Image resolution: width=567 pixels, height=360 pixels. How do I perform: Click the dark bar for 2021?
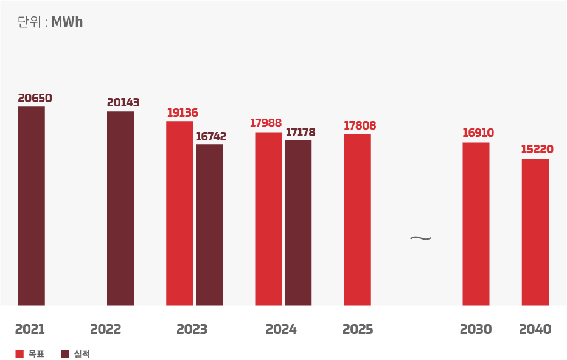click(x=31, y=206)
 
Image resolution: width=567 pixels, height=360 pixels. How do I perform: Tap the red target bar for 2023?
click(x=179, y=213)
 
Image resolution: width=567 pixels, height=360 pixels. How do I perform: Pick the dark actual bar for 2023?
click(x=209, y=225)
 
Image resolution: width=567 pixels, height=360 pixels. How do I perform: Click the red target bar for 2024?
click(x=268, y=219)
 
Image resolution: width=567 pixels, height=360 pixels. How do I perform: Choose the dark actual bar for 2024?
click(x=298, y=223)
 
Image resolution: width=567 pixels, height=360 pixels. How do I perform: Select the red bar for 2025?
click(x=357, y=220)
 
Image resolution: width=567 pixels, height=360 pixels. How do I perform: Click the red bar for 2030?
click(x=476, y=224)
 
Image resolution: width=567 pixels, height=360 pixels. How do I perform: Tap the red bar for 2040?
click(x=535, y=232)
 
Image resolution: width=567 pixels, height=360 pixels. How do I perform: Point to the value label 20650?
click(x=35, y=99)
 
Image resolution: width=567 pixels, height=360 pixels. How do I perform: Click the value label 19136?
click(x=183, y=113)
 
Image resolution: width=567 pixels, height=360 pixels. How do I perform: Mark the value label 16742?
click(x=210, y=137)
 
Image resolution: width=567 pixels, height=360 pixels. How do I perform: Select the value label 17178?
click(x=301, y=133)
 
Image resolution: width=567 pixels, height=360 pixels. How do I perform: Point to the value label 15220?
click(x=537, y=150)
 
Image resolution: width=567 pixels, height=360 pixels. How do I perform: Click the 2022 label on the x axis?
click(x=106, y=330)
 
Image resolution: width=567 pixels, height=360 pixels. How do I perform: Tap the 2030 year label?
click(x=476, y=330)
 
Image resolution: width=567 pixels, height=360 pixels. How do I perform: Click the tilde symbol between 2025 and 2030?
click(x=420, y=238)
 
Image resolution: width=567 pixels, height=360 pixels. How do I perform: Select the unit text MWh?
click(x=67, y=22)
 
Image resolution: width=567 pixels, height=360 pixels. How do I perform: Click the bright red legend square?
click(x=19, y=354)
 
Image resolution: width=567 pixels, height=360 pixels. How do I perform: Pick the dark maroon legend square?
click(x=65, y=354)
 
